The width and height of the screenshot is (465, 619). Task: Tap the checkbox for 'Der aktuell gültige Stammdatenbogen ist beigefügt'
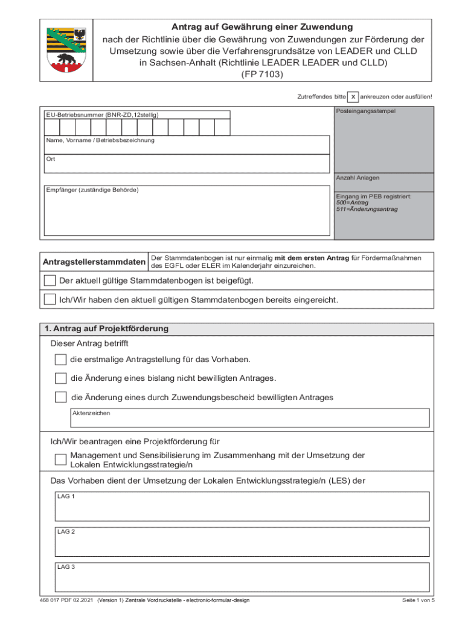coord(50,280)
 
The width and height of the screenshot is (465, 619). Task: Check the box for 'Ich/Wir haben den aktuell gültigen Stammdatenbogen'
coord(50,299)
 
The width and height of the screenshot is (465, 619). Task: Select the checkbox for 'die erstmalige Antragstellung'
coord(60,360)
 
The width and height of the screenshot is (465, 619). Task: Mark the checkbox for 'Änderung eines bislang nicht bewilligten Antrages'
coord(60,378)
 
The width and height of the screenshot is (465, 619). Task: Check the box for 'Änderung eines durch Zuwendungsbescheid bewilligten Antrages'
coord(60,397)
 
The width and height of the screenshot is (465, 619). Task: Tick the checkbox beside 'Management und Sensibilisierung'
coord(60,459)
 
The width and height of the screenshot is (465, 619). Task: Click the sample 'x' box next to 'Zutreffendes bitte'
coord(353,97)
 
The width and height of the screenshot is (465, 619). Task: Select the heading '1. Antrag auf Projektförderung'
coord(106,329)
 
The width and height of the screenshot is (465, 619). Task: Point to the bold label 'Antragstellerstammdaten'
coord(94,262)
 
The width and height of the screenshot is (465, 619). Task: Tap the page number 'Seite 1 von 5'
coord(418,600)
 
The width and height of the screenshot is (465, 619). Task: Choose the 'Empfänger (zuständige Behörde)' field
coord(187,212)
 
